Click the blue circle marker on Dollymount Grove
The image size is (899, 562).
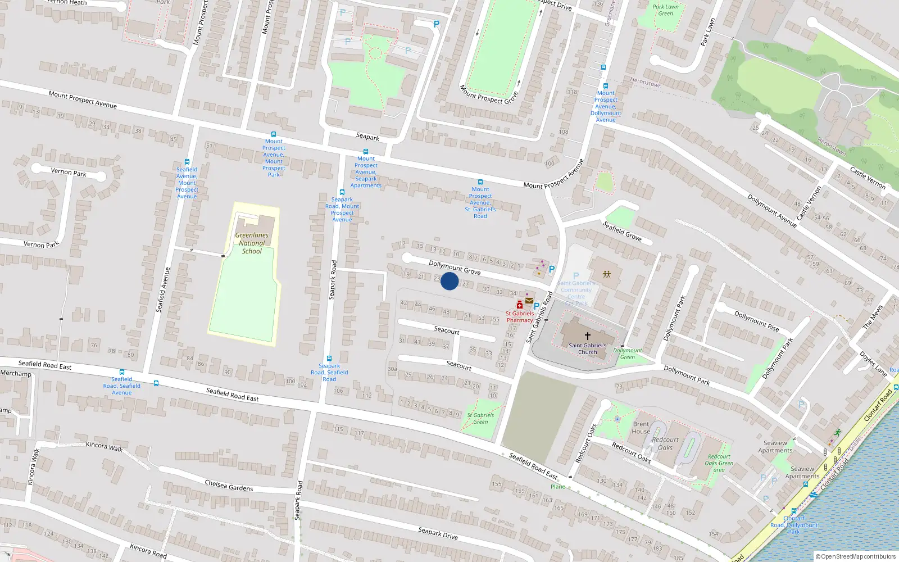(x=449, y=281)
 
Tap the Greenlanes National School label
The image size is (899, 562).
(x=252, y=243)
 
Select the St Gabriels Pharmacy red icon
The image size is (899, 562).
(x=520, y=305)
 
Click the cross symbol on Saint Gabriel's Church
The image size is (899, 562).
(x=588, y=336)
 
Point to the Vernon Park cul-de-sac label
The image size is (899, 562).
(x=69, y=172)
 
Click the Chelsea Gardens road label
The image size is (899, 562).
(x=229, y=485)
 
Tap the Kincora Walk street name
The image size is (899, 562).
(x=104, y=446)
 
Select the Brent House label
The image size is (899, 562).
(x=641, y=428)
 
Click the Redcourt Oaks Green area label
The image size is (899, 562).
(x=719, y=463)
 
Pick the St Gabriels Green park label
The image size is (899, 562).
(x=480, y=419)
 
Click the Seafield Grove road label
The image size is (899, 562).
(x=622, y=231)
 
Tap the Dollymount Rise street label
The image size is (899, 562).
(x=756, y=321)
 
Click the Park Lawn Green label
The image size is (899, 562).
(x=666, y=10)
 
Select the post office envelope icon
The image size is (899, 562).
(x=529, y=301)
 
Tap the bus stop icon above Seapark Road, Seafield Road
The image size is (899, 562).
(x=329, y=359)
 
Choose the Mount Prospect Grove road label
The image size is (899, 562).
(x=488, y=95)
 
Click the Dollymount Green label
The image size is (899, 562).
(x=628, y=353)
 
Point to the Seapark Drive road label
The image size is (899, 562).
(x=438, y=533)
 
